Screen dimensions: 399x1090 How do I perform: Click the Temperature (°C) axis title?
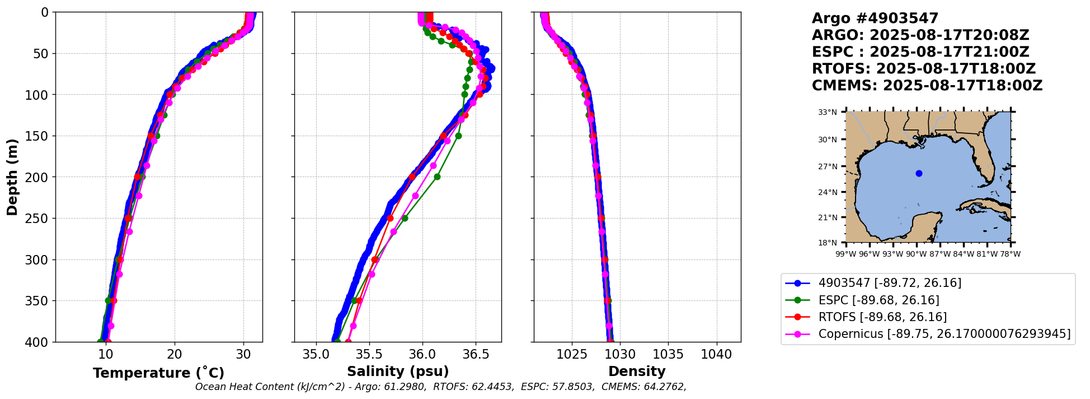tap(158, 373)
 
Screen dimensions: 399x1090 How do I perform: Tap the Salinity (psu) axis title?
tap(398, 372)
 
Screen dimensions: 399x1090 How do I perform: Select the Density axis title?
tap(637, 372)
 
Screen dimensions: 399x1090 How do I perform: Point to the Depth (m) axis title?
tap(12, 177)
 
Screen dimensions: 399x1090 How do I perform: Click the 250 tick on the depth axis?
tap(40, 219)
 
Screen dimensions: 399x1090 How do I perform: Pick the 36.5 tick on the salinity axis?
tap(475, 354)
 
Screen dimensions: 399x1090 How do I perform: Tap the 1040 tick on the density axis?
tap(716, 354)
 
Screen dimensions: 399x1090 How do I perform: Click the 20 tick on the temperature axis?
tap(175, 354)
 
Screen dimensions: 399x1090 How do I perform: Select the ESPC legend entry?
tap(878, 300)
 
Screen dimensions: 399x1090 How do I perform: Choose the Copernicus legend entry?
tap(944, 335)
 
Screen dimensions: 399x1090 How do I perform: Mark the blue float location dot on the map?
tap(919, 173)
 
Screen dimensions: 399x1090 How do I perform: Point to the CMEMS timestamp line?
tap(927, 86)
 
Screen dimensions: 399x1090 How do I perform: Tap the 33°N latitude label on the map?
tap(828, 112)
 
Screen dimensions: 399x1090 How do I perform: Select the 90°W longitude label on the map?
tap(916, 254)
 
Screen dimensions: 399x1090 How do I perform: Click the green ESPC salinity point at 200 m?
tap(437, 177)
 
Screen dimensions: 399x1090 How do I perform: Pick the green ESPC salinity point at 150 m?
tap(458, 136)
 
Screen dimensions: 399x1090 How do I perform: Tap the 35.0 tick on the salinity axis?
tap(316, 354)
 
